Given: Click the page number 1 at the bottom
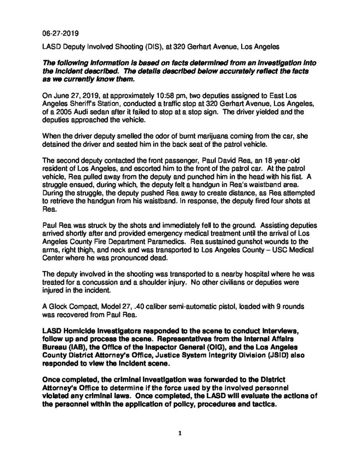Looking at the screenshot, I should point(180,434).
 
